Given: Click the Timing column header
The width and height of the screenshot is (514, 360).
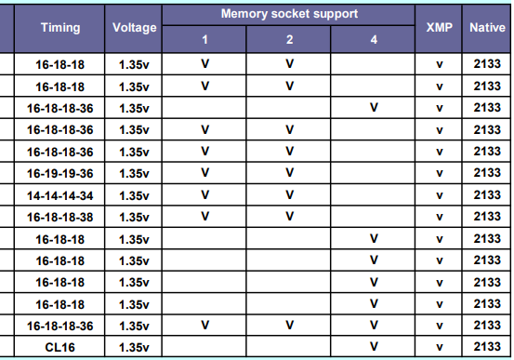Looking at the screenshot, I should [60, 27].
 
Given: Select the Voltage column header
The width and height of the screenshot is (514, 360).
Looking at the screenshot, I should [135, 27].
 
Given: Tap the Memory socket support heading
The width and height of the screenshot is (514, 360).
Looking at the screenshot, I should [289, 15].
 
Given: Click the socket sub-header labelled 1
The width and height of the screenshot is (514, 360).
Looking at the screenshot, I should [204, 39].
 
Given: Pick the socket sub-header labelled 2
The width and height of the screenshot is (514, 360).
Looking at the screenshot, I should [289, 39].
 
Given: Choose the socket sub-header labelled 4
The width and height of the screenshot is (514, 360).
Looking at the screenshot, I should [374, 39].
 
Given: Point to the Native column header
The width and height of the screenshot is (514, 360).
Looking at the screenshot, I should [487, 27].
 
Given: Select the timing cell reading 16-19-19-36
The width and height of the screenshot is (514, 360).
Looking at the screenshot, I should [60, 173].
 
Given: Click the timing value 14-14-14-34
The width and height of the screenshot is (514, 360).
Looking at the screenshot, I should [60, 194].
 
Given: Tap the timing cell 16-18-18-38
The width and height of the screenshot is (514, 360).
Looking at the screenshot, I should [60, 217].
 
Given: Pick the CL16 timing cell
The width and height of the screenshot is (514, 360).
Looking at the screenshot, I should [60, 347].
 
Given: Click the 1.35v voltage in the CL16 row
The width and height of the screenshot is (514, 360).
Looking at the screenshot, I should [135, 347].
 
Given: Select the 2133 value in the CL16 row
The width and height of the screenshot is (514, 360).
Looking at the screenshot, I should [487, 347].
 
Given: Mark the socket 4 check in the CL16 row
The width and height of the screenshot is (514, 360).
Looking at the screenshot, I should [374, 347].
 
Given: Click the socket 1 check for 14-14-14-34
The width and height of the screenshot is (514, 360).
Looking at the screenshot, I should [204, 194].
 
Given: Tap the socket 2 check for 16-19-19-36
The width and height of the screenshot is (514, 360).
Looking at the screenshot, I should [289, 173].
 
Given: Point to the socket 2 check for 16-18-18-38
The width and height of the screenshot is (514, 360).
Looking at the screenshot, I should [289, 217].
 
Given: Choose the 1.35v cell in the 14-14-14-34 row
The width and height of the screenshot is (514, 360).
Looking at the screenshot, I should [135, 194].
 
